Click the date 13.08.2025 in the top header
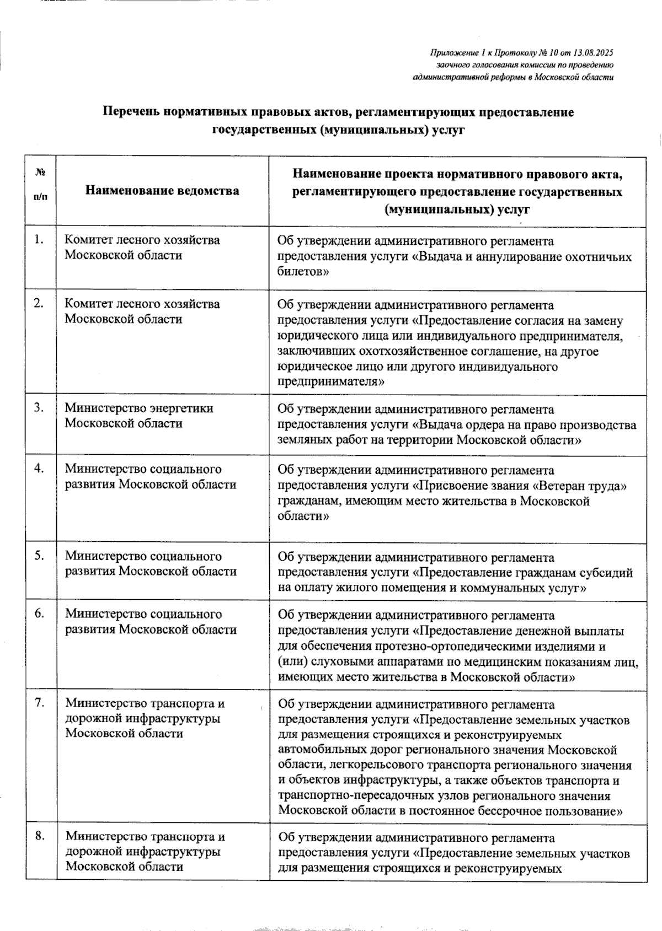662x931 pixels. [593, 53]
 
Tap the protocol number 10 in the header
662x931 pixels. [553, 53]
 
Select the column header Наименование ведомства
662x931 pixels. [162, 191]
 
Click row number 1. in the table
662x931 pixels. [38, 239]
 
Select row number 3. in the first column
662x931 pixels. [38, 408]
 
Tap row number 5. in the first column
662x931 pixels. [38, 556]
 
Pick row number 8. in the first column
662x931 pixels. [39, 836]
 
